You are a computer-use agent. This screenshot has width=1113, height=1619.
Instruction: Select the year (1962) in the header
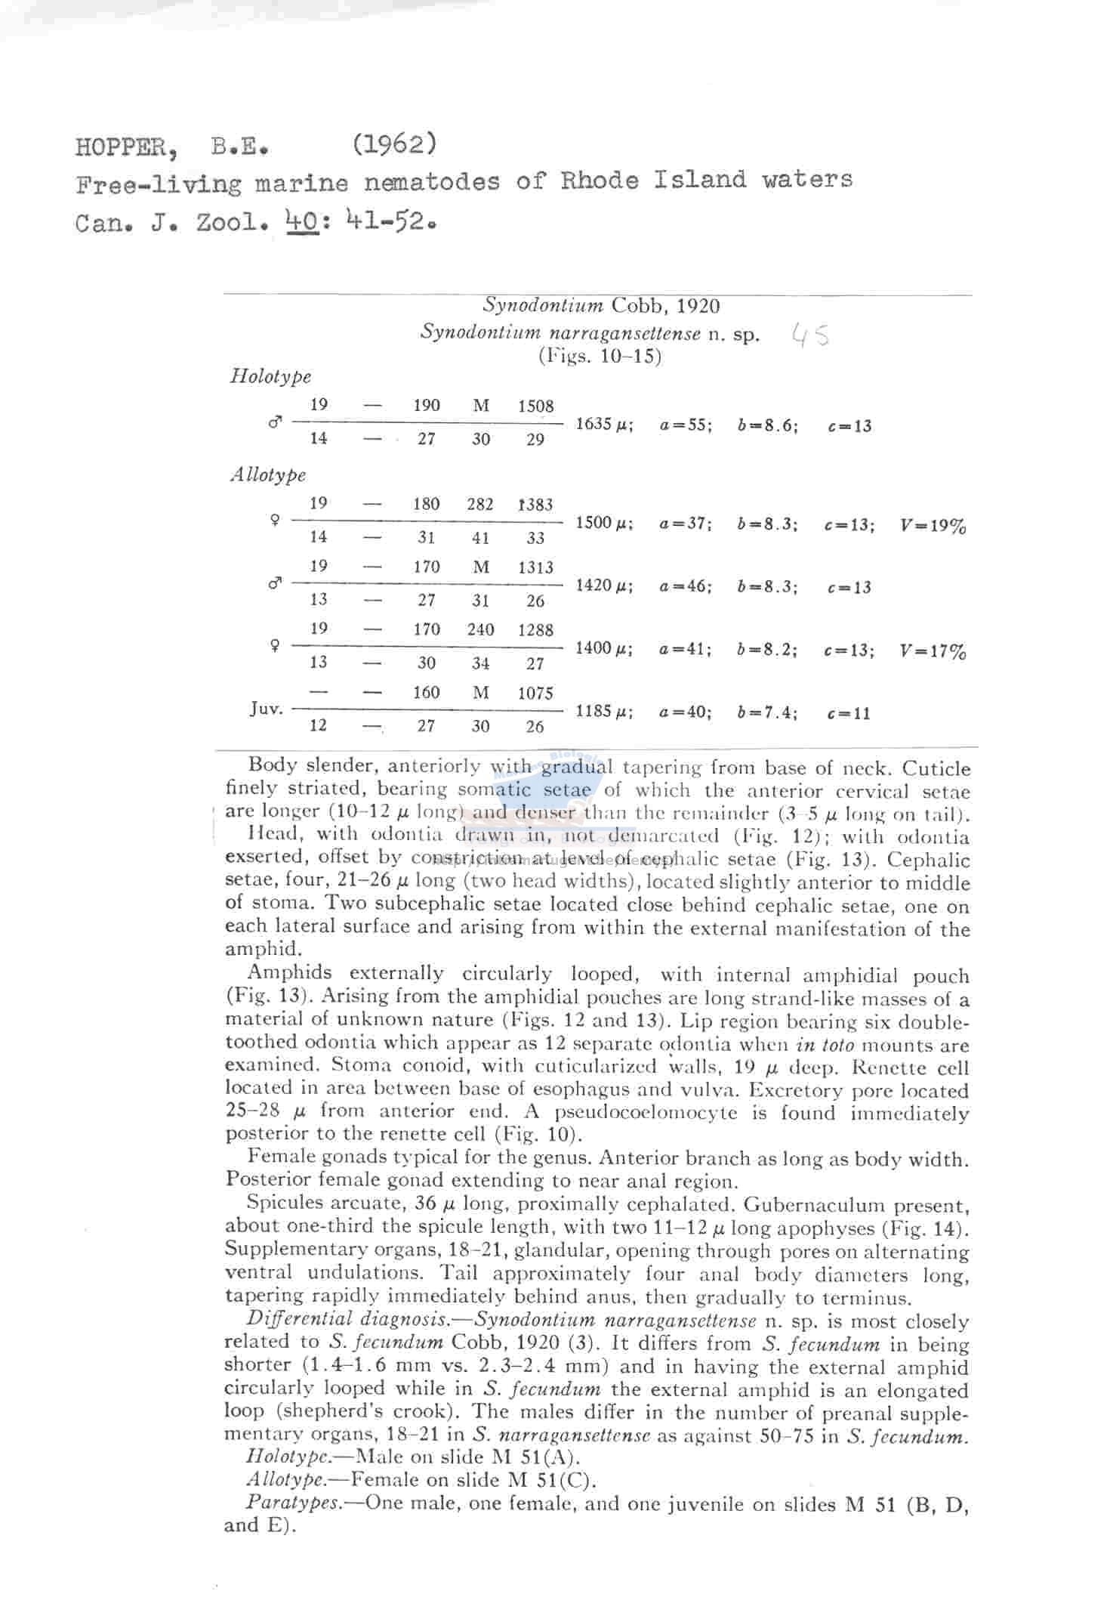(x=394, y=144)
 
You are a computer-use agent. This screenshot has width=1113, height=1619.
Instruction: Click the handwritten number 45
(x=810, y=334)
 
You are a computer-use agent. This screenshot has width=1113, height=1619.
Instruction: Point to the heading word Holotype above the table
(x=270, y=376)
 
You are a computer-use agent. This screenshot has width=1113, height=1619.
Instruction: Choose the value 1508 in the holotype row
(x=535, y=406)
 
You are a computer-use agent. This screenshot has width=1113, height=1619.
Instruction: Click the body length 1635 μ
(x=604, y=425)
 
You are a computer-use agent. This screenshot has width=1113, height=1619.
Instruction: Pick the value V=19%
(x=933, y=526)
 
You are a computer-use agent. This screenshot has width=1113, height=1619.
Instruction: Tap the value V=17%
(x=933, y=651)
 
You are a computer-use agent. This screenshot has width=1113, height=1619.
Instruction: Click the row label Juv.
(x=267, y=709)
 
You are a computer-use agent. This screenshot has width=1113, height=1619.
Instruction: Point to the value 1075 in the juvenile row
(x=535, y=694)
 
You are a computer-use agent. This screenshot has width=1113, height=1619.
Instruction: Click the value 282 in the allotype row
(x=480, y=505)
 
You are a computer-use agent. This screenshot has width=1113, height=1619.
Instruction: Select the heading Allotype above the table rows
(x=268, y=475)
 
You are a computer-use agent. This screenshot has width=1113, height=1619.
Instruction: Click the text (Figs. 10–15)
(x=600, y=356)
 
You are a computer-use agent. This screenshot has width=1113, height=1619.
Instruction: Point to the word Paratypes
(x=294, y=1503)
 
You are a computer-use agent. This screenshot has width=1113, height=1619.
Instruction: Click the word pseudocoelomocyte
(x=646, y=1113)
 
